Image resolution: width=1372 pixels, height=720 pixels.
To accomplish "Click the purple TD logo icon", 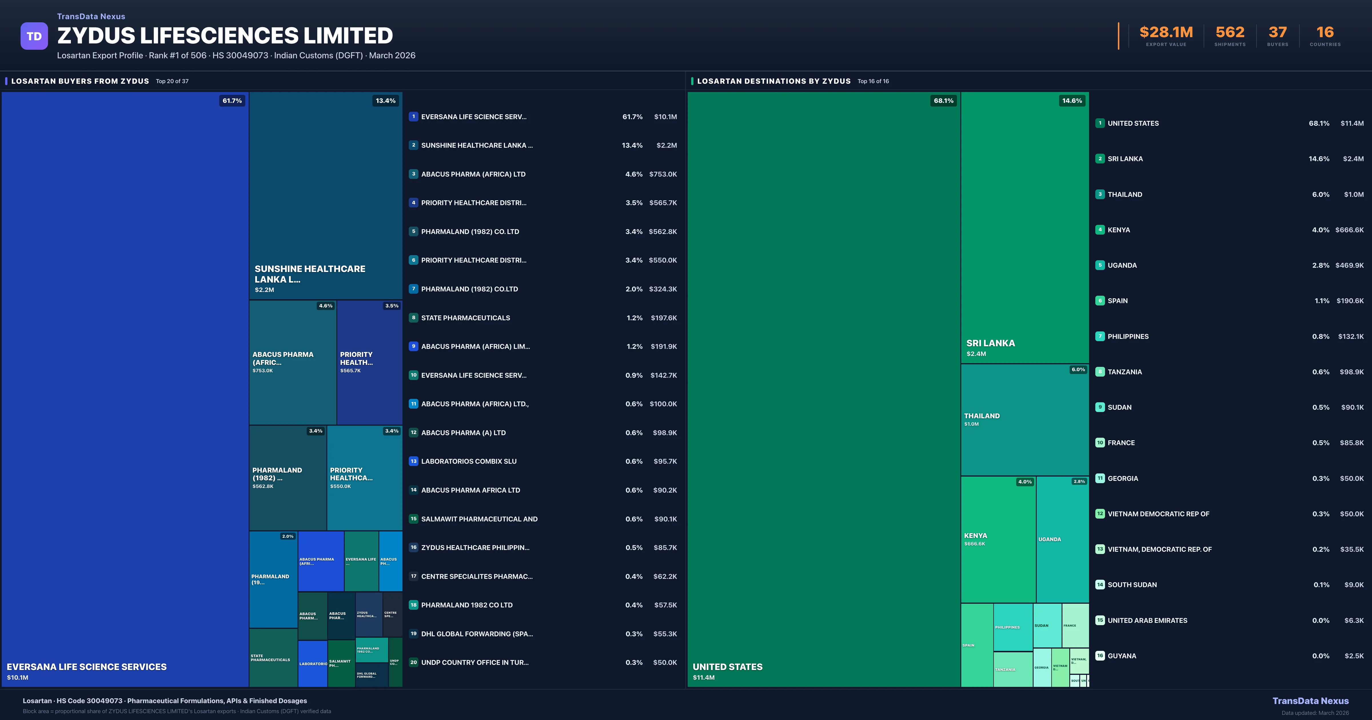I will coord(34,36).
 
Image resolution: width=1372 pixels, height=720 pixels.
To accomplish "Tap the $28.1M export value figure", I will coord(1166,33).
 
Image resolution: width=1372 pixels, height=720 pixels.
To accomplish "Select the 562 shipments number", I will coord(1230,33).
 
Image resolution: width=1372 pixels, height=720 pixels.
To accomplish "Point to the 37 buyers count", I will coord(1277,33).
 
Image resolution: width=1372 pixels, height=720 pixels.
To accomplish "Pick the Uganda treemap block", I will coord(1062,539).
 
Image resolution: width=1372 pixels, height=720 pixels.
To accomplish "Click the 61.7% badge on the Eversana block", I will coord(232,101).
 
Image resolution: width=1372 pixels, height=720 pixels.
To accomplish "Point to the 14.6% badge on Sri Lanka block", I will coord(1072,101).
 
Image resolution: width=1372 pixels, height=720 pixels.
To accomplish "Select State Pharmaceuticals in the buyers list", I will coord(466,318).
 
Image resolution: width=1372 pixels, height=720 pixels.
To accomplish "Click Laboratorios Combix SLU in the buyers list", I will coord(469,461).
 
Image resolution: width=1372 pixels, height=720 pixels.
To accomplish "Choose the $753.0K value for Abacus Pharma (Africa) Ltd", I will coord(663,174).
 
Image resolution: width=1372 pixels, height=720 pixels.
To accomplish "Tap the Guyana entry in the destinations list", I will coord(1122,656).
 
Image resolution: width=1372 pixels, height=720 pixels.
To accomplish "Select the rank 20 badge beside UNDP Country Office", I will coord(413,663).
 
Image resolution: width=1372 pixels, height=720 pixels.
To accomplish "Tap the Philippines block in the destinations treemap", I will coord(1012,627).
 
